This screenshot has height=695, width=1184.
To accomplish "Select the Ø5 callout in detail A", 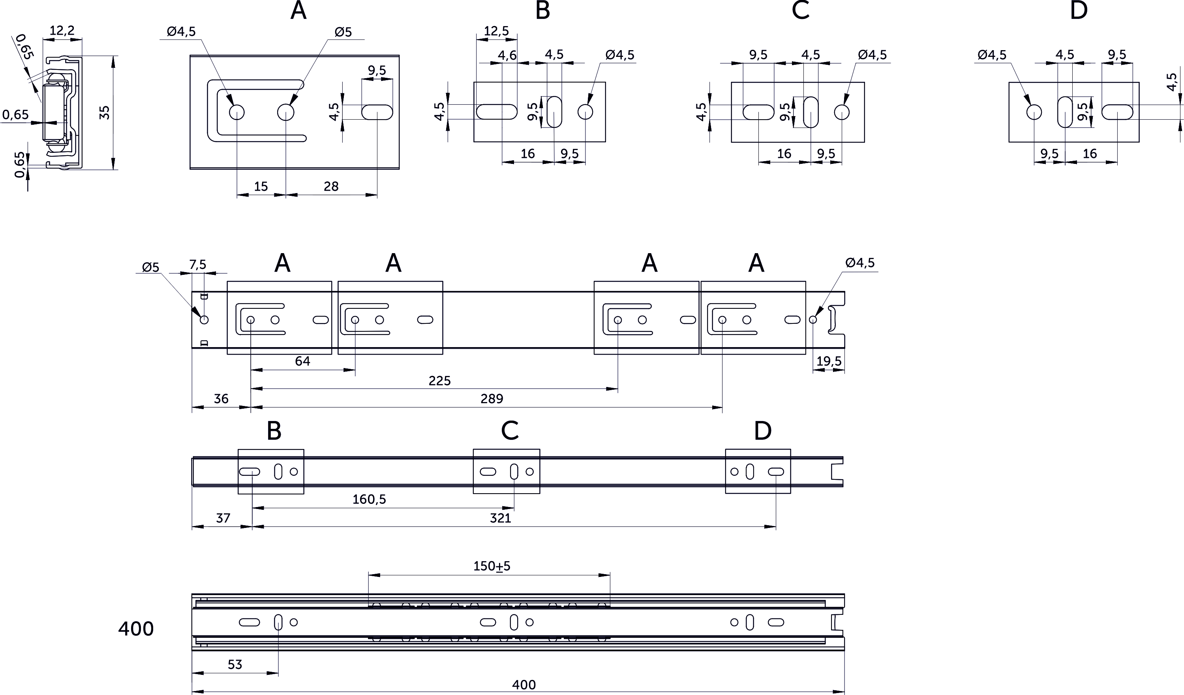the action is click(x=343, y=32).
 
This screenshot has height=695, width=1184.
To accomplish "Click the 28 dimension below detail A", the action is click(x=331, y=186).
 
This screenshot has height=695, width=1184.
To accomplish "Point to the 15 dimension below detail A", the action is click(x=261, y=186).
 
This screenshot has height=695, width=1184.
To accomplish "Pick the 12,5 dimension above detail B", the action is click(x=496, y=31).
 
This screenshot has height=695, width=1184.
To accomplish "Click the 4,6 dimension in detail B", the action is click(x=507, y=55).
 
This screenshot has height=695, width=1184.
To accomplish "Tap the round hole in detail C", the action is click(x=841, y=112).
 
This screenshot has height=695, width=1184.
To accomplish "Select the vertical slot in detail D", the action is click(x=1065, y=112).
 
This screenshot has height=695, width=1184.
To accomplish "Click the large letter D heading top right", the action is click(x=1079, y=10).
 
